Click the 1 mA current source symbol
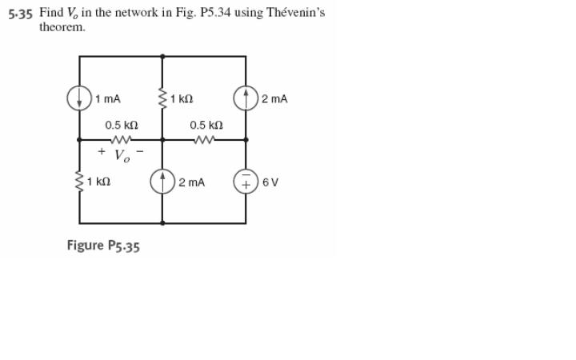pyautogui.click(x=79, y=99)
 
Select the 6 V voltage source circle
pyautogui.click(x=246, y=182)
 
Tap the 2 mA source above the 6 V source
pyautogui.click(x=246, y=99)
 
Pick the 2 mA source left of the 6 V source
pyautogui.click(x=162, y=182)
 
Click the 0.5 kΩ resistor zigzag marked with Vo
pyautogui.click(x=121, y=139)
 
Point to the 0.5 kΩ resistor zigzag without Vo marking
pyautogui.click(x=206, y=139)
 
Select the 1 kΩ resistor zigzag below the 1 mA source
pyautogui.click(x=79, y=182)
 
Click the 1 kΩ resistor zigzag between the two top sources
pyautogui.click(x=162, y=99)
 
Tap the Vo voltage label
pyautogui.click(x=121, y=154)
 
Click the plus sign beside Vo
pyautogui.click(x=102, y=150)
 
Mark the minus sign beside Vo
pyautogui.click(x=141, y=150)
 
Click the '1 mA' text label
pyautogui.click(x=107, y=99)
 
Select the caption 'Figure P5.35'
pyautogui.click(x=103, y=246)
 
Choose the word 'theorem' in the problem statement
pyautogui.click(x=62, y=26)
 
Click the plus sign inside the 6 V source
pyautogui.click(x=246, y=186)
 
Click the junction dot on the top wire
pyautogui.click(x=162, y=56)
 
